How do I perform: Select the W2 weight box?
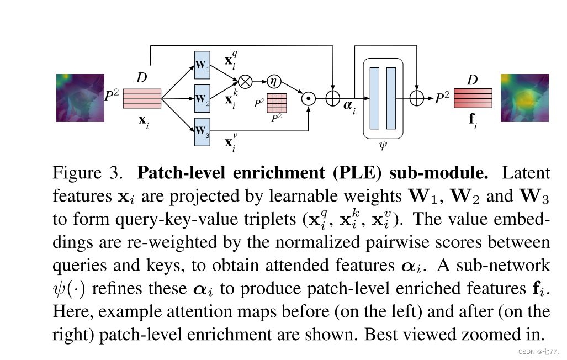[x=203, y=99]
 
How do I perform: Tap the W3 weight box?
[x=203, y=131]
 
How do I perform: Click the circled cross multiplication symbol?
[x=245, y=82]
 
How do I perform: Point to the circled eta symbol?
[x=273, y=81]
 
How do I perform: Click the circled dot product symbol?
[x=308, y=99]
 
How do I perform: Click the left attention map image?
[x=80, y=98]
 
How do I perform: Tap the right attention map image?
[x=524, y=98]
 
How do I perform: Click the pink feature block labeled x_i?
[x=142, y=99]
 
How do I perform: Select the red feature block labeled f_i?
[x=473, y=98]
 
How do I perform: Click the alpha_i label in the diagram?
[x=349, y=108]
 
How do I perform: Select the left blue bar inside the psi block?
[x=375, y=98]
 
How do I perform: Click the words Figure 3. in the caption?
[x=88, y=173]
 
